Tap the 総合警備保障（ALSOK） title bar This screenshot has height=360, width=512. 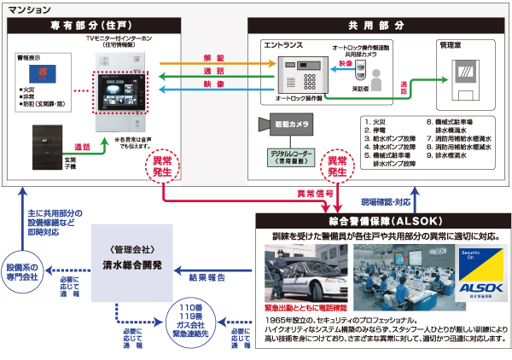tap(379, 220)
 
